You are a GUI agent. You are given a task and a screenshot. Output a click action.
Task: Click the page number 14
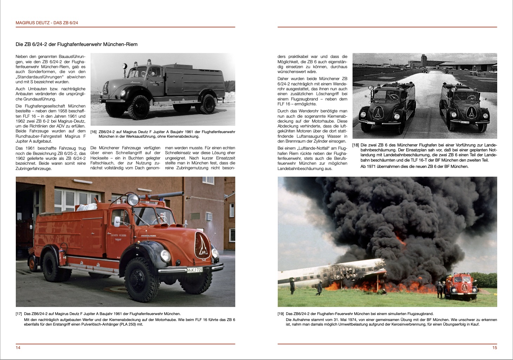18,348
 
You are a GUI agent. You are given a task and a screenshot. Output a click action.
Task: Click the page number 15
494,348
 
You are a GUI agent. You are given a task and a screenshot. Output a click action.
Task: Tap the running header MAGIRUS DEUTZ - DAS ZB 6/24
47,23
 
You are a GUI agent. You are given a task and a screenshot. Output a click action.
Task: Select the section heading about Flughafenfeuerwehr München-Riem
77,45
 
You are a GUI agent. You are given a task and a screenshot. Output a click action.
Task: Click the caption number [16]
93,132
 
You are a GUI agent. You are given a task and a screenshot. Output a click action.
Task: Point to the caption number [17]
19,314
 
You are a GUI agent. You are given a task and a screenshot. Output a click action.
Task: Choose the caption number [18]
355,145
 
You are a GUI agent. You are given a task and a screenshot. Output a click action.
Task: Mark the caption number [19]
281,314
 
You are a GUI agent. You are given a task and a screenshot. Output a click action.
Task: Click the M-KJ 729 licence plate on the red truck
195,270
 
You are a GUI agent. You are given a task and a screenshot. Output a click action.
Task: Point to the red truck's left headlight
165,255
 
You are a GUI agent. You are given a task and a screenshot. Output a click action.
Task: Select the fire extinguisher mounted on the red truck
63,256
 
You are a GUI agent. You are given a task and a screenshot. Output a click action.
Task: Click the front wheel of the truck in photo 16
139,107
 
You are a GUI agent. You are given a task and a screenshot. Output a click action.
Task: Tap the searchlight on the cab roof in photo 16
124,66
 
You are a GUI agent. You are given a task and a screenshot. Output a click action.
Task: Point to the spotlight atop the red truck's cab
133,199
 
